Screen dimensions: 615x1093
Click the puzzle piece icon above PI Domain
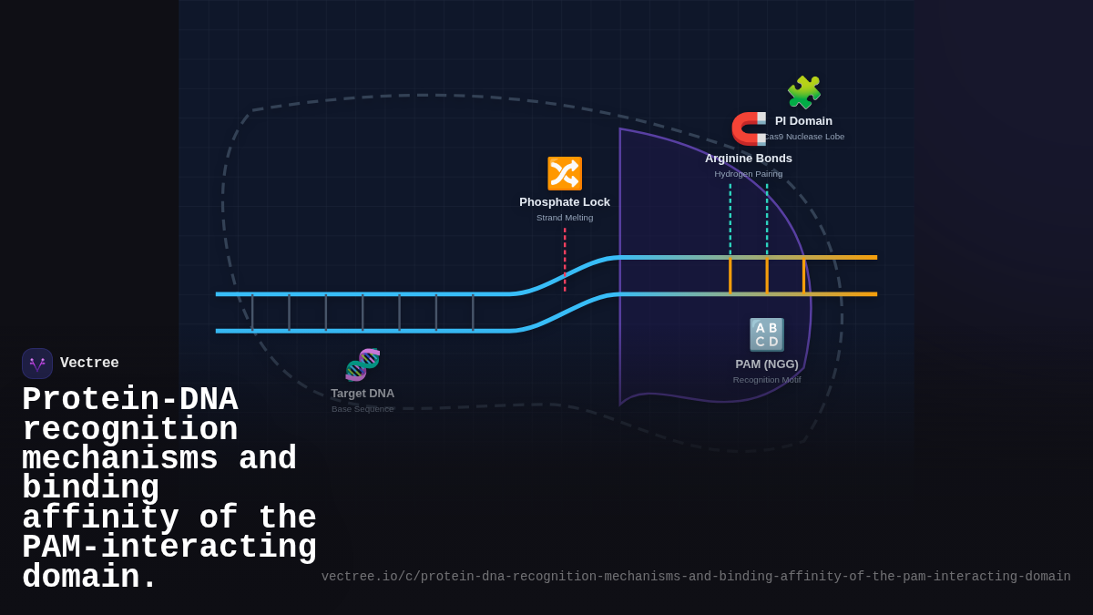tap(803, 92)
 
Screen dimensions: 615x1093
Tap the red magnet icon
tap(749, 128)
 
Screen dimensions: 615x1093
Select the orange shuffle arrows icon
tap(565, 173)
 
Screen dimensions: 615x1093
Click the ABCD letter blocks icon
tap(766, 334)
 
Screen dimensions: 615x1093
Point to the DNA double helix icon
tap(363, 364)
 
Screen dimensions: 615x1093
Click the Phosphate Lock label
tap(565, 202)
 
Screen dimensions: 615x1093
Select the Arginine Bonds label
tap(748, 159)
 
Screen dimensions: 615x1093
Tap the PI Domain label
tap(803, 121)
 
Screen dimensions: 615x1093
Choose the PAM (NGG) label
tap(766, 364)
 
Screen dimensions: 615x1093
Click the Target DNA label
tap(363, 394)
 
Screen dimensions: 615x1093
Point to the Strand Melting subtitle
tap(565, 218)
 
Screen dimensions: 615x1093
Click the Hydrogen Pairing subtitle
tap(748, 174)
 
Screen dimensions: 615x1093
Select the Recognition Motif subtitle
tap(766, 380)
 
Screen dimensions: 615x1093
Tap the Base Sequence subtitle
tap(363, 409)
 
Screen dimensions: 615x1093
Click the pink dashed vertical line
tap(565, 260)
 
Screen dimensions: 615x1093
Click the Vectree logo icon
tap(37, 364)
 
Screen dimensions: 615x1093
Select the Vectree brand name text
tap(89, 364)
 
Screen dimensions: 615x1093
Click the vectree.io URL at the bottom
tap(695, 577)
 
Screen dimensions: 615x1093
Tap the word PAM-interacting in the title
tap(169, 548)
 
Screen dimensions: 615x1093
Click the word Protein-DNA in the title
tap(129, 400)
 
